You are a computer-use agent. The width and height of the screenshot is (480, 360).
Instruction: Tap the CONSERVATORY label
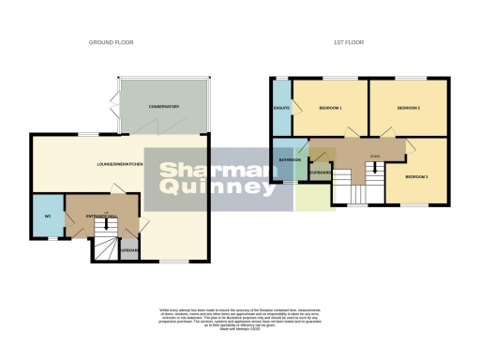163,106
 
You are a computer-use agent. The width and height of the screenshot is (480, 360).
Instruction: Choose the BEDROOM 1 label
330,108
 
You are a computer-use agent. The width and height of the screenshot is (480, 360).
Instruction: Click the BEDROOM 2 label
407,108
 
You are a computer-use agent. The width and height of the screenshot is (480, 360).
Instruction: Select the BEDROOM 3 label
416,176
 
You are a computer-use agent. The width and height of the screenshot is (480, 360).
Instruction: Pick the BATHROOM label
290,159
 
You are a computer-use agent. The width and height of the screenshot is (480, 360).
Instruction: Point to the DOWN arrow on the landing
376,170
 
